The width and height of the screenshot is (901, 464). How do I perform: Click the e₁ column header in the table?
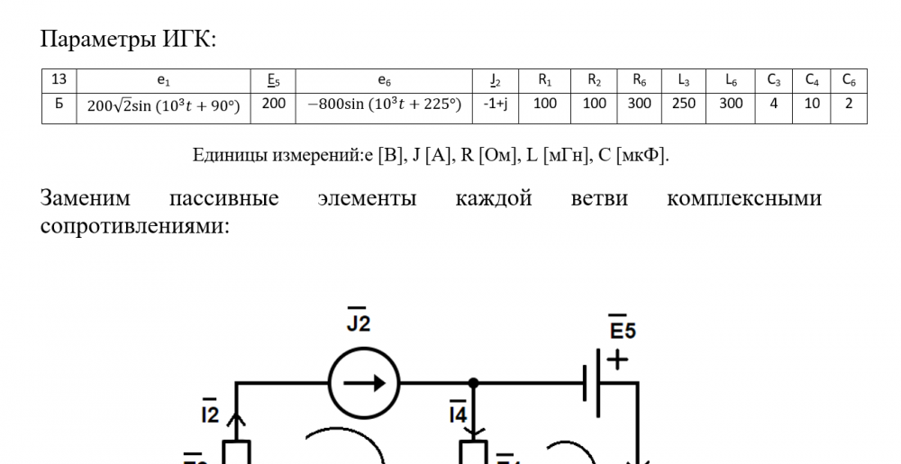pos(164,81)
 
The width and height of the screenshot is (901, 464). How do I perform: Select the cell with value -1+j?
pos(495,104)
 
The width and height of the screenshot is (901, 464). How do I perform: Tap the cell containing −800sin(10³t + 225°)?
pos(384,104)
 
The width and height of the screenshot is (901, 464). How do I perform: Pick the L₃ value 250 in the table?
pos(683,104)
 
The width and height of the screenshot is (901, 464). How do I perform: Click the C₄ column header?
pos(812,80)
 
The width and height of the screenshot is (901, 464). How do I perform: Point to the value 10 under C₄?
pos(812,104)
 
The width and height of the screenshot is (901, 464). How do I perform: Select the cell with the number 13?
pos(59,79)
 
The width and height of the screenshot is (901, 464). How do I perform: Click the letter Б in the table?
pos(59,104)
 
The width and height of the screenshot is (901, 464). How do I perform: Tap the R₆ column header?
pos(639,80)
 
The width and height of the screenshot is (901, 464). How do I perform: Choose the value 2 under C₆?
pos(848,104)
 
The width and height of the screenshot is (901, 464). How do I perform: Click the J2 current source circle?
pos(364,382)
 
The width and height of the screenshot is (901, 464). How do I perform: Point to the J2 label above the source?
pos(359,321)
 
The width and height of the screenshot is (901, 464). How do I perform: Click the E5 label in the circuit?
pos(623,327)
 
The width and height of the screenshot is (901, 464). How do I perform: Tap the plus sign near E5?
pos(617,360)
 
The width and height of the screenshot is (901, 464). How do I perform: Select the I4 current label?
pos(458,412)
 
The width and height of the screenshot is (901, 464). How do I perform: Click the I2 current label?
pos(210,412)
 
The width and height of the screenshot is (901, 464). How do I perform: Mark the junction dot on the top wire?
pos(474,382)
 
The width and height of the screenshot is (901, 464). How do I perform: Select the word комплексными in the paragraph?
pos(744,198)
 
